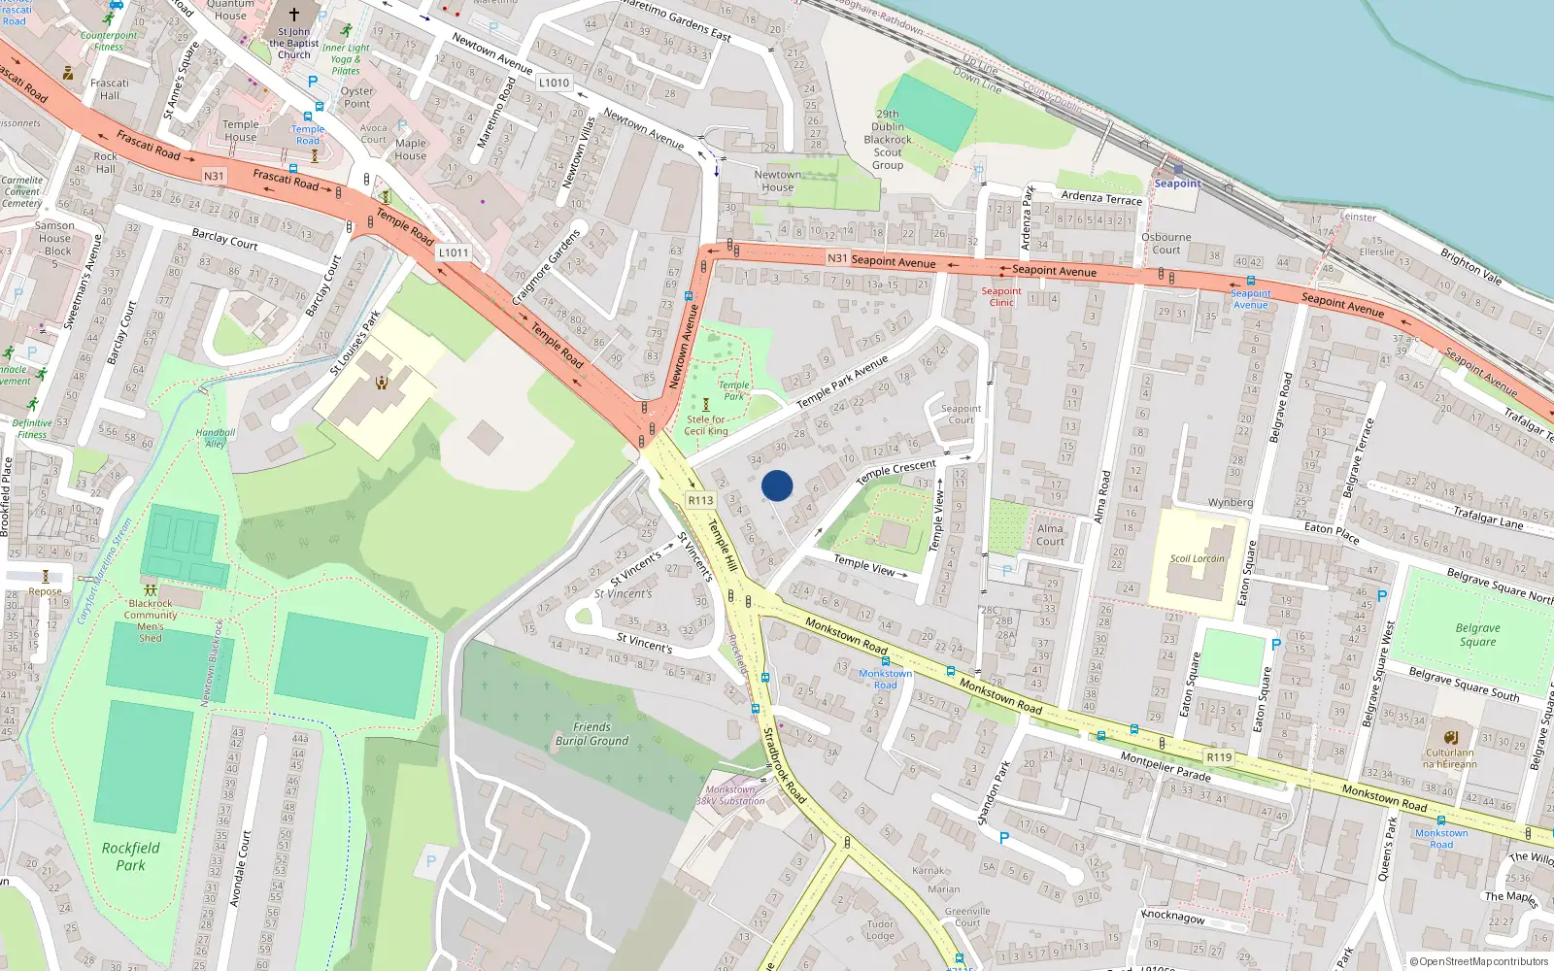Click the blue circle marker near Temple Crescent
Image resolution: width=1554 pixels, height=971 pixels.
pyautogui.click(x=777, y=485)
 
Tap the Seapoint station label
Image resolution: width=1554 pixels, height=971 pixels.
pyautogui.click(x=1177, y=184)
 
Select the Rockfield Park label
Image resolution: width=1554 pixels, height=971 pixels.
pyautogui.click(x=130, y=856)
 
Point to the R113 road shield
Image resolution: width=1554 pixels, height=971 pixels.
pyautogui.click(x=700, y=500)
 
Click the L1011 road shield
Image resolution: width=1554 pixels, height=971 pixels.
pyautogui.click(x=454, y=252)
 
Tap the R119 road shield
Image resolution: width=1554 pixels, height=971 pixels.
pyautogui.click(x=1219, y=757)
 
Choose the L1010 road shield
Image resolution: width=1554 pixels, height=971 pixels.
pyautogui.click(x=554, y=84)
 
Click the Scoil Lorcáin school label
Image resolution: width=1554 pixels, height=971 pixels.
pyautogui.click(x=1197, y=558)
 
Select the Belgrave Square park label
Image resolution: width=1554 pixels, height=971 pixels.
pyautogui.click(x=1477, y=635)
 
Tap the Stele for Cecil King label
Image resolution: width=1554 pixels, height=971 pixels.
pyautogui.click(x=706, y=425)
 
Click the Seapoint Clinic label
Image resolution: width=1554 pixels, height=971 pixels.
pyautogui.click(x=1001, y=297)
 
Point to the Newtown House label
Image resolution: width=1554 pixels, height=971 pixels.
pyautogui.click(x=778, y=182)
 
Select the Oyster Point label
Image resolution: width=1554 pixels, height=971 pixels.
pyautogui.click(x=357, y=97)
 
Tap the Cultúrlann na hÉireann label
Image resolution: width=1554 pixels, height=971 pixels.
pyautogui.click(x=1449, y=758)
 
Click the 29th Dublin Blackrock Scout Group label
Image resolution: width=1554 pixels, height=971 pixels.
pyautogui.click(x=888, y=140)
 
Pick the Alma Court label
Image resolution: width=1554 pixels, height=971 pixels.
pyautogui.click(x=1050, y=535)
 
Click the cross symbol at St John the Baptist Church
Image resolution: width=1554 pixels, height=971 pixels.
pyautogui.click(x=294, y=15)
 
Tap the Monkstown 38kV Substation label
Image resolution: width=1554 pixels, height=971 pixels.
pyautogui.click(x=729, y=795)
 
